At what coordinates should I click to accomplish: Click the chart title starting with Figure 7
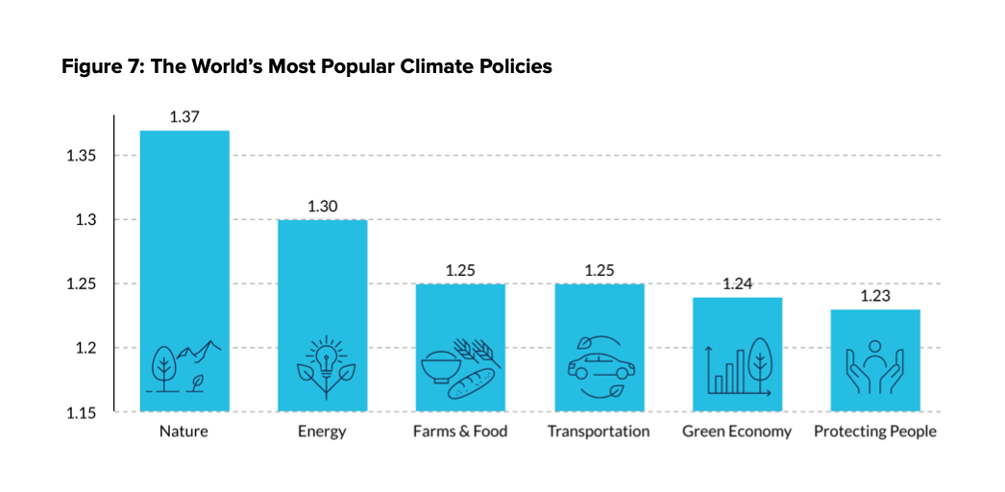point(306,67)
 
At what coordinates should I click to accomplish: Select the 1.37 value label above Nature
point(184,117)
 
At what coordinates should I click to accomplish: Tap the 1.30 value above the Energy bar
point(323,207)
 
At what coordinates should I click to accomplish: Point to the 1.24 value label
point(738,284)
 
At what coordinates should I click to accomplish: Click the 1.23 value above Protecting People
point(874,297)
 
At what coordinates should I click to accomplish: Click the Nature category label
point(184,431)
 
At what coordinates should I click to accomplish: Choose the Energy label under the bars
point(322,431)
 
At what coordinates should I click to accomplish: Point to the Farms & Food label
point(460,431)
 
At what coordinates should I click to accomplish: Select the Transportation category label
point(599,431)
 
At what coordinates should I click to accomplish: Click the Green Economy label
point(737,431)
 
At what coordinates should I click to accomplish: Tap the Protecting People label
point(874,431)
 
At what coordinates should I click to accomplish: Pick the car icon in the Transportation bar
point(599,367)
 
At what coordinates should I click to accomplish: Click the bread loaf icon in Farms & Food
point(470,382)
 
